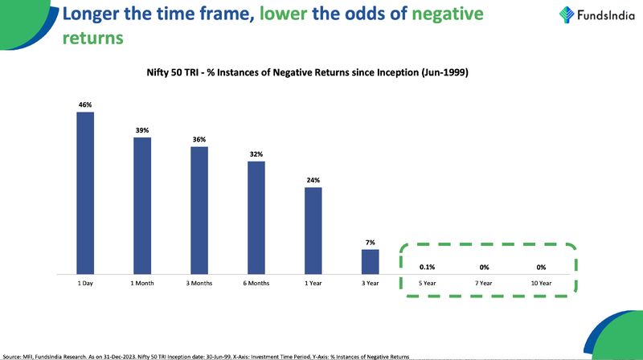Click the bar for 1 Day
pos(85,193)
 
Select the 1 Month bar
pos(142,206)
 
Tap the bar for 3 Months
pos(199,211)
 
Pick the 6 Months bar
pos(256,218)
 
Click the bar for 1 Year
pos(313,231)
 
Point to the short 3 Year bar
pos(370,261)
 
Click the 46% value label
pos(85,104)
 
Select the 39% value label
pos(142,130)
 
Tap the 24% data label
pos(313,180)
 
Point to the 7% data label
pos(370,242)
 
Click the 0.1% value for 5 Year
pos(427,267)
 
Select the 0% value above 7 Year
pos(484,267)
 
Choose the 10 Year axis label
pos(541,284)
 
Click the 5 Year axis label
pos(427,284)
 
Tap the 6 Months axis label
pos(256,284)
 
